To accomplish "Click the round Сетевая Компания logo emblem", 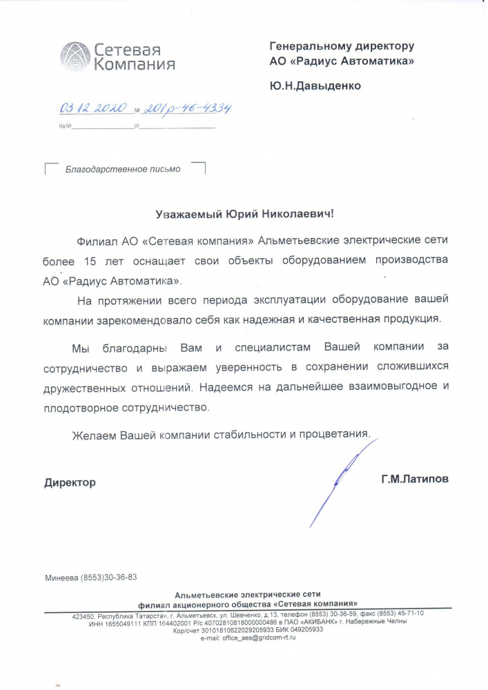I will click(75, 57).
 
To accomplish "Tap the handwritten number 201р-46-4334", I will click(186, 109).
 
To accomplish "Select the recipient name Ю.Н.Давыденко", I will click(315, 86).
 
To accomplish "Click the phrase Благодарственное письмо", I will click(122, 169).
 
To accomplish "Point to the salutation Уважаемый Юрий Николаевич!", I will click(244, 214).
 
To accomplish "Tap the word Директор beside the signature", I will click(70, 482).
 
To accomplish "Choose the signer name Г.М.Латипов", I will click(414, 478).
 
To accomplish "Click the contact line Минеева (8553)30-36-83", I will click(90, 577).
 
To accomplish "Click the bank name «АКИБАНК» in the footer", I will click(316, 622).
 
